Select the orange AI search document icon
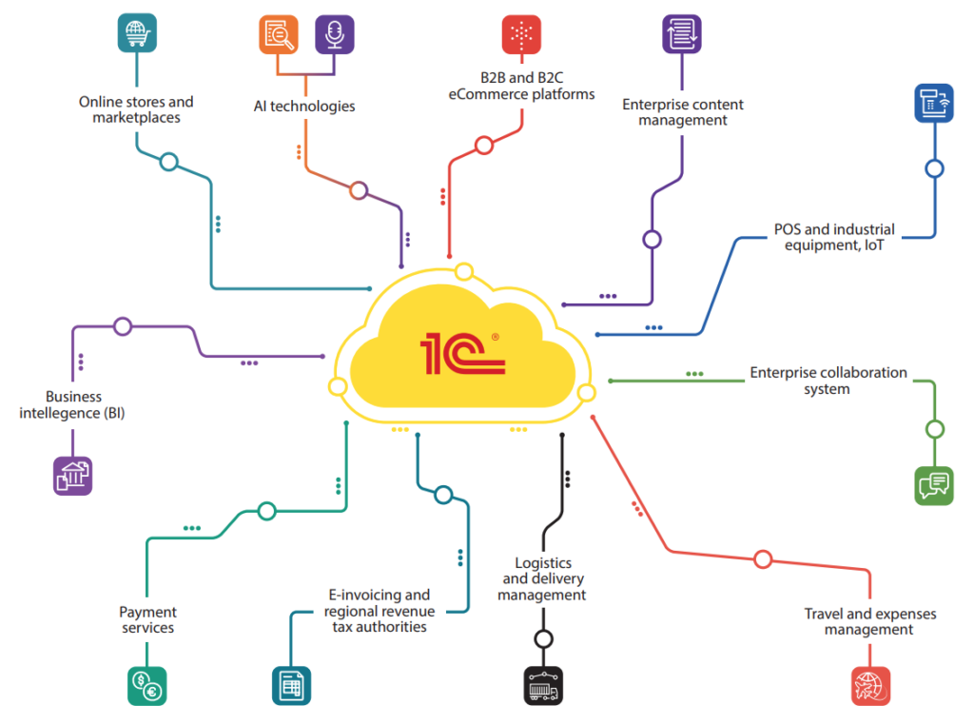[279, 34]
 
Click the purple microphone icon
[335, 34]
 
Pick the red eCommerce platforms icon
[521, 34]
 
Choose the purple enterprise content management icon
[682, 34]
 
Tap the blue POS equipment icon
[934, 103]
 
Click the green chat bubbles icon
[934, 485]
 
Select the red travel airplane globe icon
[870, 685]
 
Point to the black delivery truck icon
[543, 685]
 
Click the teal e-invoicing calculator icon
[291, 685]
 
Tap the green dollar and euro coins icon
[147, 685]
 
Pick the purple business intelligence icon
[73, 476]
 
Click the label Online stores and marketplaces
[136, 109]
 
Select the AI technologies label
[304, 107]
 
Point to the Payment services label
[147, 619]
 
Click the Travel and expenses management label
[869, 621]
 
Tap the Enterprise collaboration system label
[828, 381]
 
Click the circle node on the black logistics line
[543, 639]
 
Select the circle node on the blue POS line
[934, 169]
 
